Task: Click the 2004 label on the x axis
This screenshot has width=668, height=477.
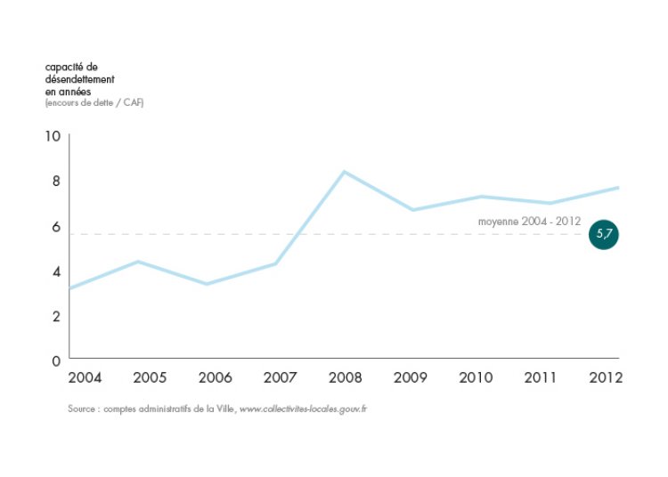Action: coord(85,377)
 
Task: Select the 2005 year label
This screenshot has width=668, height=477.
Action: coord(150,377)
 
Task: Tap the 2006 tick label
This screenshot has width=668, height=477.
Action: coord(215,377)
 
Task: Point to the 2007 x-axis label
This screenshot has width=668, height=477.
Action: coord(280,377)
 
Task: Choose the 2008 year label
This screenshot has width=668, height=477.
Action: coord(345,377)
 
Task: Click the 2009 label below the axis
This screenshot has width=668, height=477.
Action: coord(410,377)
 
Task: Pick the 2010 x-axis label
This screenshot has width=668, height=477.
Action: coord(475,377)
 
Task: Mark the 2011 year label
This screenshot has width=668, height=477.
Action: coord(540,377)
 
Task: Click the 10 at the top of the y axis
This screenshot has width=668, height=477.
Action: coord(52,136)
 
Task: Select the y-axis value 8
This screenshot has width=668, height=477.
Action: coord(55,181)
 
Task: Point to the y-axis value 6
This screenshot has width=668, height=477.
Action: coord(55,227)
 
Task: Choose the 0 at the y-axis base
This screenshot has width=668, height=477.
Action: coord(55,360)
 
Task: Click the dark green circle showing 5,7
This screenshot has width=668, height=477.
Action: coord(604,234)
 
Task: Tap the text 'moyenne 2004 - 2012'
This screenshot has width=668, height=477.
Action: coord(529,221)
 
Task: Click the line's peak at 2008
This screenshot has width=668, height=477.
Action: coord(345,171)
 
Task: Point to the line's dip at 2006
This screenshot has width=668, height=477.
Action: coord(207,284)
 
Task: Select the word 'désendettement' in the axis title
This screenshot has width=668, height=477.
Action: coord(79,79)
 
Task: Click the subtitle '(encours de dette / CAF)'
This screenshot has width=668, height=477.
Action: coord(94,103)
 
